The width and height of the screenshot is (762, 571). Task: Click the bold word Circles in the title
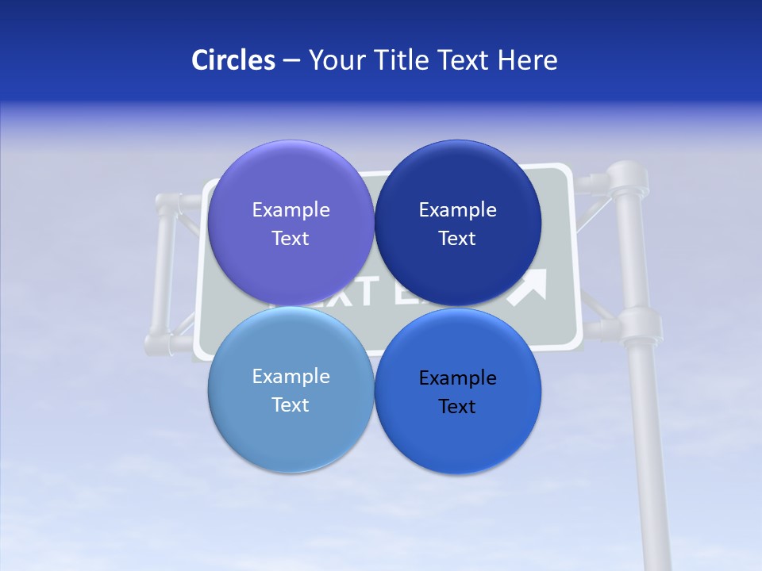233,60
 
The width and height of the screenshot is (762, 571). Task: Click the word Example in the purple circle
291,210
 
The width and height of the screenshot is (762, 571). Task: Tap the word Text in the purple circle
291,239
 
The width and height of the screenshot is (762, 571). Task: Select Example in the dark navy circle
457,210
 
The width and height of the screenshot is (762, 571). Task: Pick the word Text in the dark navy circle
457,239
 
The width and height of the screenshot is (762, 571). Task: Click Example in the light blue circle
291,377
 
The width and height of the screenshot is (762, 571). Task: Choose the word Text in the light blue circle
291,405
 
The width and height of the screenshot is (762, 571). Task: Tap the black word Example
457,378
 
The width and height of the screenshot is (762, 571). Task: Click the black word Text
457,407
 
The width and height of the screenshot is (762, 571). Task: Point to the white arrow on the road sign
529,287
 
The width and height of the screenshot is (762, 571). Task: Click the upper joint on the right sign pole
627,181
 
